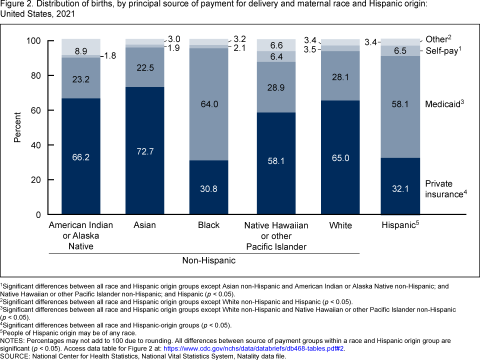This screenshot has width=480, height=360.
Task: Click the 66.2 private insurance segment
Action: (x=81, y=156)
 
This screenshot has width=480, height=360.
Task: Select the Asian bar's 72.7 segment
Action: (x=144, y=150)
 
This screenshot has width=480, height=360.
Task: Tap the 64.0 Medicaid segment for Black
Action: (x=208, y=104)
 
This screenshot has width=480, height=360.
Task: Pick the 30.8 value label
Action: (x=208, y=189)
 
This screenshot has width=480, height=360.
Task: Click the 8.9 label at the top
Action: (x=81, y=50)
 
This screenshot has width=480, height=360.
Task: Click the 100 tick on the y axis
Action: (x=32, y=41)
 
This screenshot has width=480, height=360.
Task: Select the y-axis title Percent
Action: (x=17, y=127)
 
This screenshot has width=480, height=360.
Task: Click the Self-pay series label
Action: (x=442, y=50)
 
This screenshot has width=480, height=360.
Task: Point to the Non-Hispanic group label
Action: (x=208, y=260)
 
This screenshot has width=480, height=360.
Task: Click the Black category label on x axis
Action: (x=208, y=225)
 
